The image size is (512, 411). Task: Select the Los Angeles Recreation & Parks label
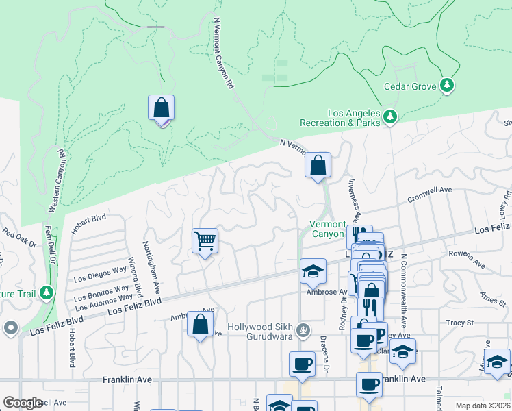[344, 118]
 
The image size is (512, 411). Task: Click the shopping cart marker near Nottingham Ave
[205, 241]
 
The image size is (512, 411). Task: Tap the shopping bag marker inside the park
[161, 108]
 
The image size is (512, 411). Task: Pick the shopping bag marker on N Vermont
[318, 165]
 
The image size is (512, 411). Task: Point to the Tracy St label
[459, 322]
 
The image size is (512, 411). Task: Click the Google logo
[23, 403]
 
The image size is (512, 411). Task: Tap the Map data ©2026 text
[483, 406]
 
